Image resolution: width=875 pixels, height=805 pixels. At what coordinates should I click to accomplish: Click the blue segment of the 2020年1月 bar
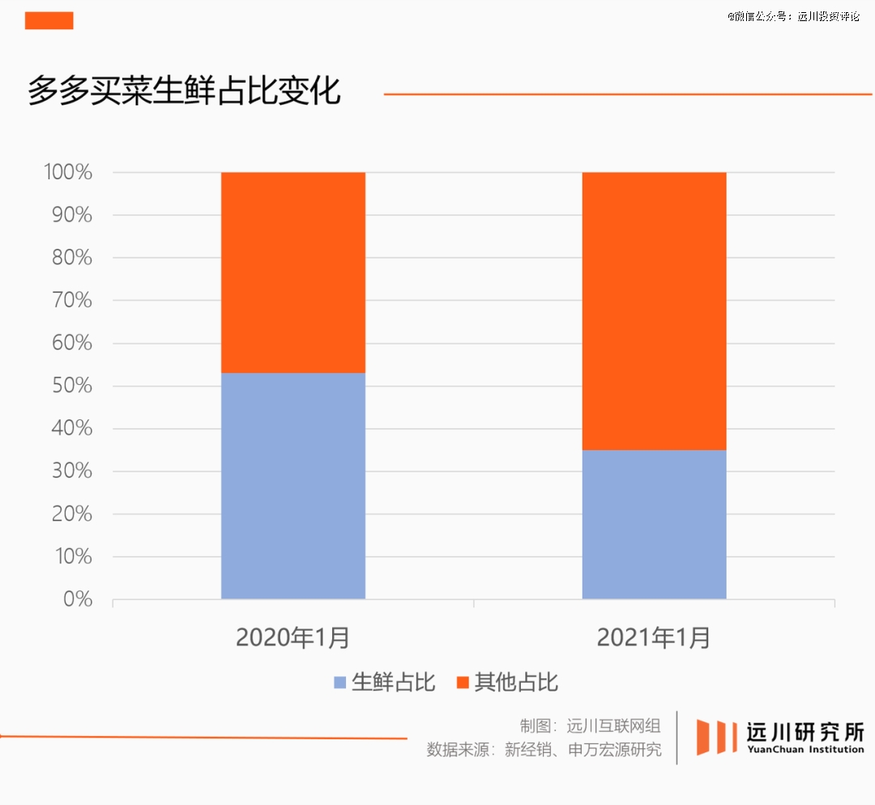coord(292,486)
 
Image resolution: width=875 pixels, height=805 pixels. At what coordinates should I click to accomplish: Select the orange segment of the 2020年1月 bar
coord(292,272)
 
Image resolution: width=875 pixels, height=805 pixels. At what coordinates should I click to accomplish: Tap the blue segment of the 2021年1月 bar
coord(654,524)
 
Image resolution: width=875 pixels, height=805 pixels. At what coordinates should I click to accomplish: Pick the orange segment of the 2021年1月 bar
coord(654,310)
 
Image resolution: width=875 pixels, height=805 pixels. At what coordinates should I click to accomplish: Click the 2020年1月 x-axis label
coord(292,638)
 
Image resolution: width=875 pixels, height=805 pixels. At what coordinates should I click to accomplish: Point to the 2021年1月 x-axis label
coord(654,638)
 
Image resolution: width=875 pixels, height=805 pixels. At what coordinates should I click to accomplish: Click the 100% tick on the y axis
coord(68,173)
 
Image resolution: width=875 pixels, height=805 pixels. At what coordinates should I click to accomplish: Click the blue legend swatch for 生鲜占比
coord(340,683)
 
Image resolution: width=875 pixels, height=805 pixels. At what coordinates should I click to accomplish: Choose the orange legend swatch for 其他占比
coord(463,683)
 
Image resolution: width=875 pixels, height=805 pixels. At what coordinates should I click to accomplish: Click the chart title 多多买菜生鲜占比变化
coord(185,92)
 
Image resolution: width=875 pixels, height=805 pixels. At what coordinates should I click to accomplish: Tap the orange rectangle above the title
coord(49,20)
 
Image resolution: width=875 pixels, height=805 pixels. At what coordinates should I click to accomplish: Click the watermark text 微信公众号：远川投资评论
coord(793,15)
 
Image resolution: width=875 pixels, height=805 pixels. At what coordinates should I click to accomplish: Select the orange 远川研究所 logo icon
coord(713,737)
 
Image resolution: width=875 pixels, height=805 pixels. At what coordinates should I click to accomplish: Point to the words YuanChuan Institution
coord(805,749)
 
